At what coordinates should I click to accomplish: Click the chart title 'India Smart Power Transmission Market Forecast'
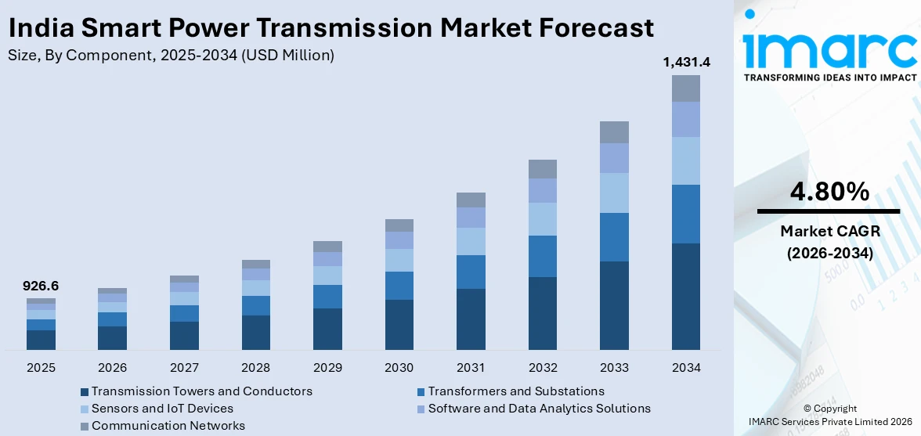330,28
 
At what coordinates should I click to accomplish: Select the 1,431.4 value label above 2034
685,63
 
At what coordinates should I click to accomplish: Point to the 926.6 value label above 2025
41,286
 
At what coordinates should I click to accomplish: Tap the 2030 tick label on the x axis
399,367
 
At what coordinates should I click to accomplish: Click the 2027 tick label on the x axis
184,367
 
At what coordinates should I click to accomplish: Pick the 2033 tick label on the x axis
614,367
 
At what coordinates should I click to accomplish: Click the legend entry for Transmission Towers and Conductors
201,391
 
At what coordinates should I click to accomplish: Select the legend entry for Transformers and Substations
515,391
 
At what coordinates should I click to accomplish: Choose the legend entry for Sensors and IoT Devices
162,409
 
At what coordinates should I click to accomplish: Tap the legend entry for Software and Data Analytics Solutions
539,409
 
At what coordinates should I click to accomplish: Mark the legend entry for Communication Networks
168,426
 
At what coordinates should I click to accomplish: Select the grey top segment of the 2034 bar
685,88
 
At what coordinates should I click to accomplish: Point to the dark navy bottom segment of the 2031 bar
471,319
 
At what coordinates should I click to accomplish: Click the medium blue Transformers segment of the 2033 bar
614,236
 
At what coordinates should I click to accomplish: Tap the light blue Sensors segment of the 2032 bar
542,219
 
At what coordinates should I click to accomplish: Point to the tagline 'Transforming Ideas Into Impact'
829,77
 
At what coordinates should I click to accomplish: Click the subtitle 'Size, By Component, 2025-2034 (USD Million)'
171,56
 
